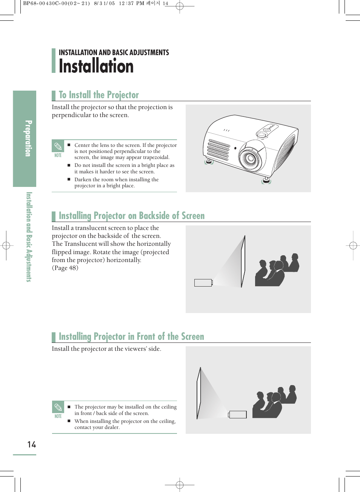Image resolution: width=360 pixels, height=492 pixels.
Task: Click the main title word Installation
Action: click(x=96, y=66)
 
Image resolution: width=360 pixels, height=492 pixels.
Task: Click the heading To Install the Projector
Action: click(x=99, y=95)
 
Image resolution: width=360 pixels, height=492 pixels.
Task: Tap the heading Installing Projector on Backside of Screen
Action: click(x=132, y=216)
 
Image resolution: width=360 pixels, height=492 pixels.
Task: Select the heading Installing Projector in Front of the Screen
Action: click(x=131, y=336)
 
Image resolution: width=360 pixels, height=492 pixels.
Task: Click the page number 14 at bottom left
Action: click(x=32, y=444)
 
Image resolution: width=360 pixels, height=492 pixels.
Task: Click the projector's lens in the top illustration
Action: click(x=250, y=157)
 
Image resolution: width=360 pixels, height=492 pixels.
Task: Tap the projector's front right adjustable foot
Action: click(x=266, y=180)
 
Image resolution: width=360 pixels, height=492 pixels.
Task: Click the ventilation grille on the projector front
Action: click(x=218, y=150)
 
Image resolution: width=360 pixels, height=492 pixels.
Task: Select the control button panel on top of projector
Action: click(x=267, y=130)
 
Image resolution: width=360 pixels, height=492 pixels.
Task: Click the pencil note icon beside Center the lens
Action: click(x=58, y=147)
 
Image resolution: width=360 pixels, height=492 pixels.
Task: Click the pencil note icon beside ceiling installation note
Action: click(x=58, y=407)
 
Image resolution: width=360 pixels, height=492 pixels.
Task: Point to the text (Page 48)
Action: click(x=65, y=268)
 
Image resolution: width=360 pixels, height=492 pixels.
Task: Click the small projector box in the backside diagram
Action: click(x=203, y=282)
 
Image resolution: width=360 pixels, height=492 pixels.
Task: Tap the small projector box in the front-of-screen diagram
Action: click(x=238, y=414)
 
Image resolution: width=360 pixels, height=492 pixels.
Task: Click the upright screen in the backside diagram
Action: click(x=243, y=261)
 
